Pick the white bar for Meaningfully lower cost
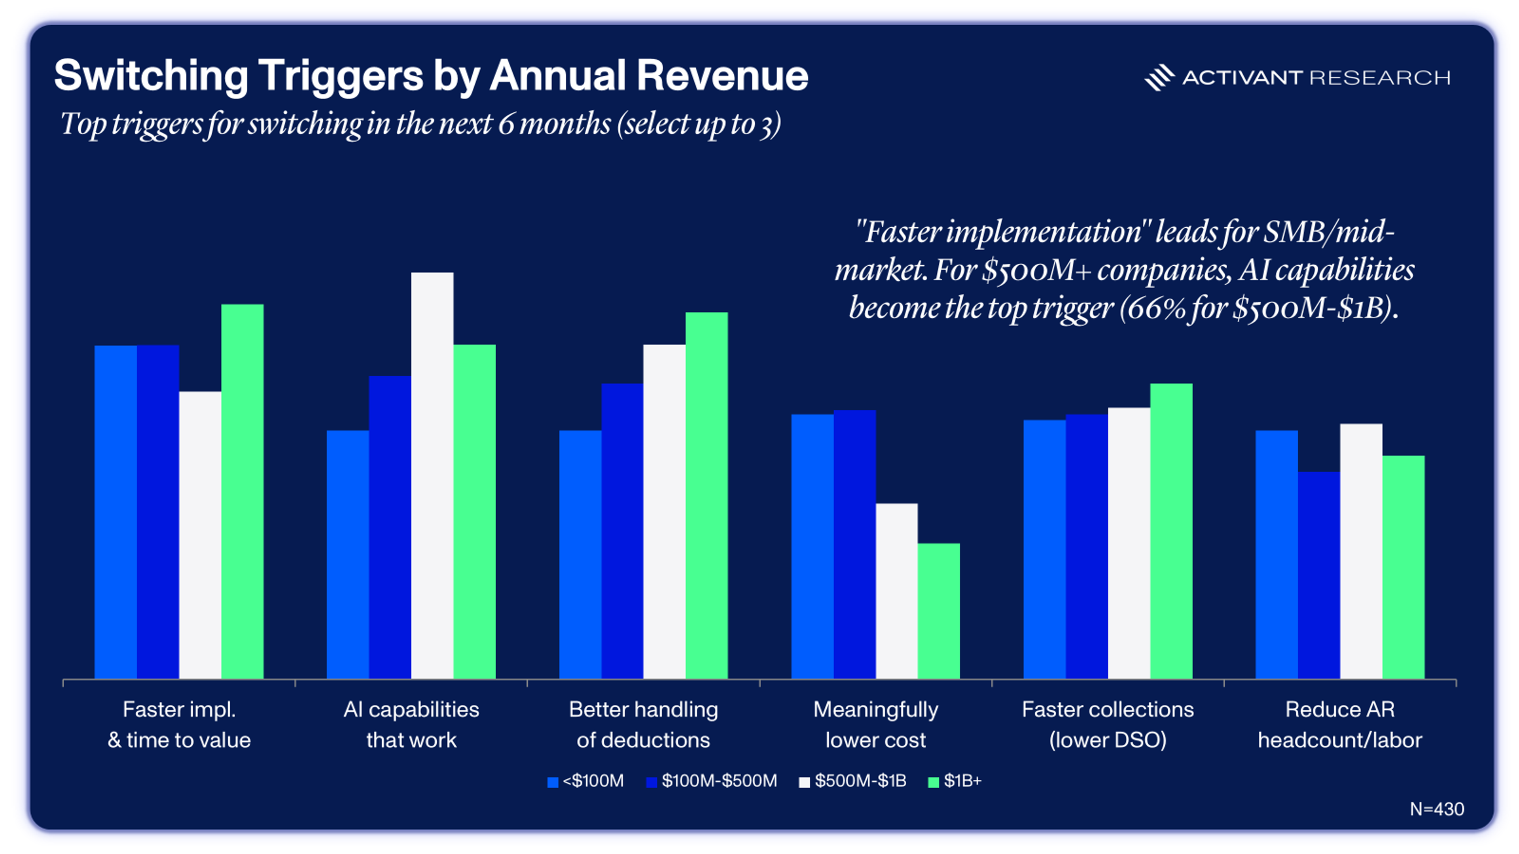click(896, 591)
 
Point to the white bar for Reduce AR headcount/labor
click(1361, 551)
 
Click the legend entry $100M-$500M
click(719, 781)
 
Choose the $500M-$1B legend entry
click(860, 781)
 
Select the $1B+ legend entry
click(962, 781)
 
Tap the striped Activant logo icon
click(1159, 77)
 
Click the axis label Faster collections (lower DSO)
click(1108, 724)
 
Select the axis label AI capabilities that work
click(411, 724)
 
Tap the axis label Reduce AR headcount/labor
click(1340, 724)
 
